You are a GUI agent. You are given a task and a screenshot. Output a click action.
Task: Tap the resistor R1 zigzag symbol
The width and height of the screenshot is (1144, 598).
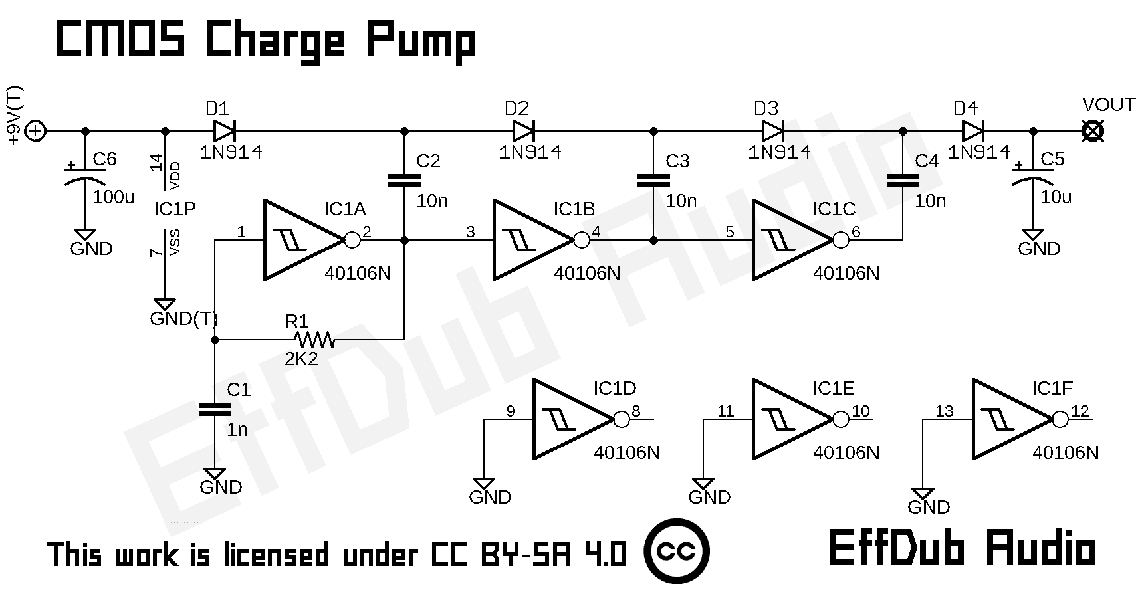pyautogui.click(x=314, y=340)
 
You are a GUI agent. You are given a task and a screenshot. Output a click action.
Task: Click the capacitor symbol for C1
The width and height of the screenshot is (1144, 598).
pyautogui.click(x=215, y=409)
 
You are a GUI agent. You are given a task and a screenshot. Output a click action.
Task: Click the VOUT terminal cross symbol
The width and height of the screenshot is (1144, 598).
pyautogui.click(x=1092, y=131)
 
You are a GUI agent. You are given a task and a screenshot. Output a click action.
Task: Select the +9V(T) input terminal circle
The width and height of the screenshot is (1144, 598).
pyautogui.click(x=35, y=132)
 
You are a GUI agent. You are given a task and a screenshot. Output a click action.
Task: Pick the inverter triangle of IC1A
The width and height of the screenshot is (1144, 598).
pyautogui.click(x=299, y=240)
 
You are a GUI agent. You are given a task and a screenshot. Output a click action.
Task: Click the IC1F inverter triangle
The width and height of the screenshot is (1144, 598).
pyautogui.click(x=1008, y=419)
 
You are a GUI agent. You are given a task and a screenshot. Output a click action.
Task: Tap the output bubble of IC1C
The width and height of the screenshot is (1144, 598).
pyautogui.click(x=841, y=240)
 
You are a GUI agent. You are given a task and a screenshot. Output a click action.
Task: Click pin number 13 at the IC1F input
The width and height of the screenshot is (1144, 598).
pyautogui.click(x=944, y=411)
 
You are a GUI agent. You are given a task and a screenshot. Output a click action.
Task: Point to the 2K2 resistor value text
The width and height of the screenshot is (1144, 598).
pyautogui.click(x=301, y=360)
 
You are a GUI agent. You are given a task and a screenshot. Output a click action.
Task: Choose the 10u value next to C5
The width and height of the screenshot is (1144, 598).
pyautogui.click(x=1056, y=197)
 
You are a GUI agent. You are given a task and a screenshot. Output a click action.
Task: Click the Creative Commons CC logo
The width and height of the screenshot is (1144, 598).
pyautogui.click(x=677, y=551)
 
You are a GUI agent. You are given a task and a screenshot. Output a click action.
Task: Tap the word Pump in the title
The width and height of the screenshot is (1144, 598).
pyautogui.click(x=420, y=42)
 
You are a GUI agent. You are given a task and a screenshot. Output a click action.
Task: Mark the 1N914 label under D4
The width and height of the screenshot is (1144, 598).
pyautogui.click(x=978, y=152)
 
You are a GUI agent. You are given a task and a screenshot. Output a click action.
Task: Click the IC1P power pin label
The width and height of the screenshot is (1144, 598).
pyautogui.click(x=175, y=209)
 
